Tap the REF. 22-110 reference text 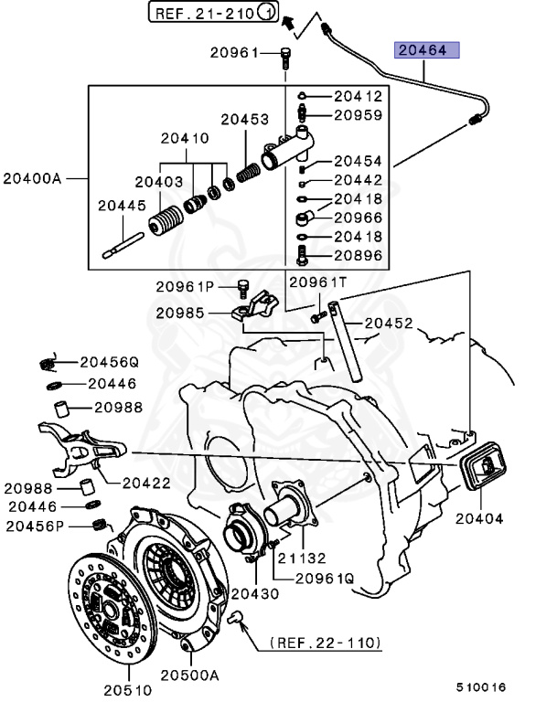click(x=325, y=643)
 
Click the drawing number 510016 click(x=481, y=686)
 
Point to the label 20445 click(x=122, y=207)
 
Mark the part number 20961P click(x=184, y=287)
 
